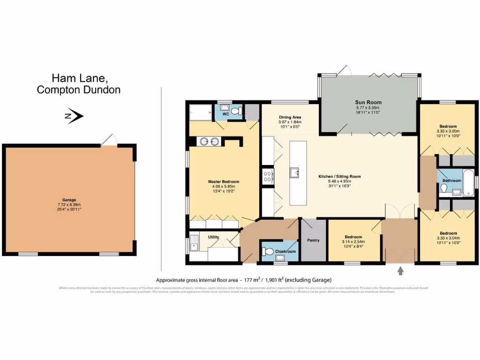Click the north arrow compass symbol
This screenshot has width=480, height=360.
point(75,116)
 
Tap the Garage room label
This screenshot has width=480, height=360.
point(69,200)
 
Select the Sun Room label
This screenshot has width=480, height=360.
point(368,102)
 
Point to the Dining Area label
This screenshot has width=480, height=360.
point(290,117)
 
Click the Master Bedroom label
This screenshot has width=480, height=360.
point(224,182)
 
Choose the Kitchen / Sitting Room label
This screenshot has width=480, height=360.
point(339,176)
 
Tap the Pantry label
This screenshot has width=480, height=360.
point(313,240)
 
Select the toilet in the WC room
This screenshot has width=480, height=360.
point(239,112)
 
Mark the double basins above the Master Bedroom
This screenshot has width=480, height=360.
point(209,142)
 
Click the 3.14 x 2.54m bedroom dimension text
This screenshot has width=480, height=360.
point(353,242)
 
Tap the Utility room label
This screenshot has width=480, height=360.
point(214,238)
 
